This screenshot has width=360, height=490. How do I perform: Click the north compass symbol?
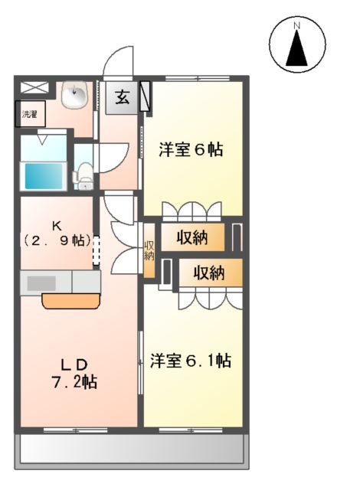click(296, 45)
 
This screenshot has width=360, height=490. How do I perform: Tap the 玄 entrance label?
click(123, 98)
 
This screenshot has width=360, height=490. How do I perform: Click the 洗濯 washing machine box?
click(28, 115)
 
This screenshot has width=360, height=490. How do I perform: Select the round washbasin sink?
click(75, 95)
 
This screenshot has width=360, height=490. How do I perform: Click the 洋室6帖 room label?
click(191, 150)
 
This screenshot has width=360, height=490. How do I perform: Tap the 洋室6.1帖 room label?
click(191, 360)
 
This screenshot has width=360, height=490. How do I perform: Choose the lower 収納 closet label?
click(208, 273)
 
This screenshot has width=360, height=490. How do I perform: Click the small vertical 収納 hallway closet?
click(149, 250)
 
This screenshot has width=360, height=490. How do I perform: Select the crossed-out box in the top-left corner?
click(33, 87)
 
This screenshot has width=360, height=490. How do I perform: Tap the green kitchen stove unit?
click(87, 282)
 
